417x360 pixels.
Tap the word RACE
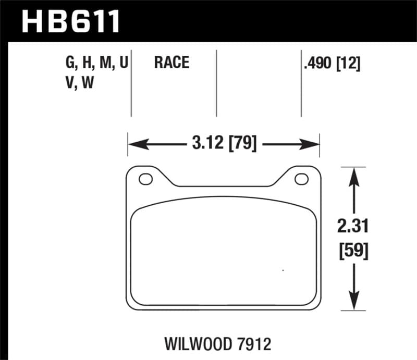(171, 64)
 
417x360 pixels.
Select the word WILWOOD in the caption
(201, 344)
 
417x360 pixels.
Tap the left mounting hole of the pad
(146, 179)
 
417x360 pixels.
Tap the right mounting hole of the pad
(301, 179)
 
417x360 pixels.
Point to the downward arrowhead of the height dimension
(354, 304)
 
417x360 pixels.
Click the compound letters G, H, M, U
(97, 64)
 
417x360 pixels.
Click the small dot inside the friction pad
(283, 270)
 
